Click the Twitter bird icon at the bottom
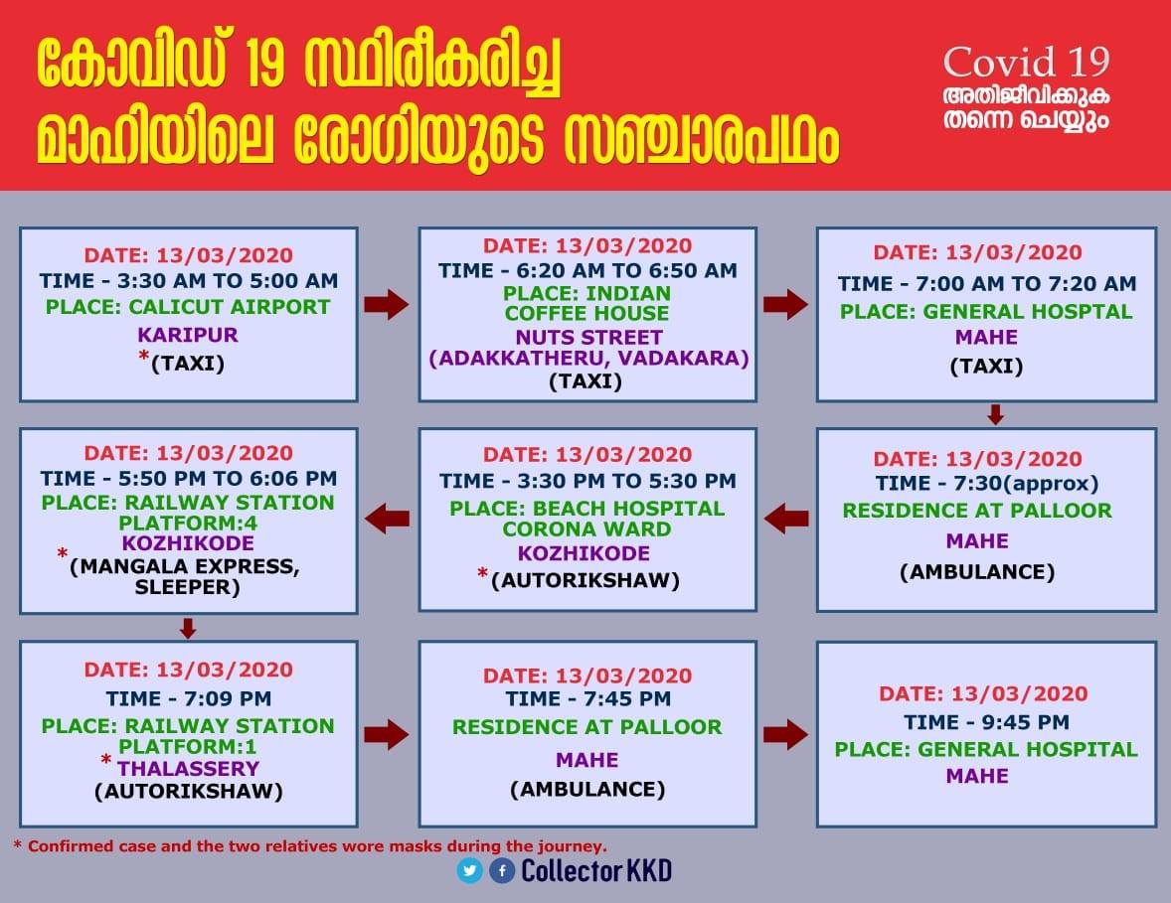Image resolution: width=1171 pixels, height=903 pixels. [x=470, y=870]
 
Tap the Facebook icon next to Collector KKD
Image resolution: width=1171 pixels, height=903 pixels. [x=502, y=870]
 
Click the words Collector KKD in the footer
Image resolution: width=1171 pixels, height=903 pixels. [x=596, y=870]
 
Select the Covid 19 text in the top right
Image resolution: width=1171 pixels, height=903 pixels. [x=1026, y=62]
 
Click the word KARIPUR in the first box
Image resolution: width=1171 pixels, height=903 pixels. [x=188, y=335]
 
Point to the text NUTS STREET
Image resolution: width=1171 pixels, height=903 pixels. [x=588, y=338]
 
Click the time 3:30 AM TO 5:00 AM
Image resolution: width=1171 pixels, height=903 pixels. [x=227, y=280]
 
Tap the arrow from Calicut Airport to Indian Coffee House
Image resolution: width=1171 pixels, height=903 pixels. [x=387, y=305]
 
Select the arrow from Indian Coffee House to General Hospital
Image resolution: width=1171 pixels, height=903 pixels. [x=785, y=305]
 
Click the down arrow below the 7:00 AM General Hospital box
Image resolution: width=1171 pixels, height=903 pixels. [x=995, y=414]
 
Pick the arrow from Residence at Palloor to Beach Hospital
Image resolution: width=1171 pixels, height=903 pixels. [x=786, y=518]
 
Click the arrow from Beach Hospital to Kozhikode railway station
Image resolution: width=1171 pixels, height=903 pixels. [x=387, y=518]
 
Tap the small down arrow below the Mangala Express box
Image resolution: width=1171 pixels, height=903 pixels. [x=188, y=628]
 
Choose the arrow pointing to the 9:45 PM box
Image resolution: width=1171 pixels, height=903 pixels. [x=785, y=735]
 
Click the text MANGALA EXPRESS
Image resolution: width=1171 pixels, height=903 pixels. [x=185, y=566]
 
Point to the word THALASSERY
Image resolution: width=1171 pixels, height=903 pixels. [x=188, y=768]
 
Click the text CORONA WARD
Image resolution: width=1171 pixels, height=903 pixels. [x=587, y=529]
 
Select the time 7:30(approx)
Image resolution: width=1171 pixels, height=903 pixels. [x=1026, y=484]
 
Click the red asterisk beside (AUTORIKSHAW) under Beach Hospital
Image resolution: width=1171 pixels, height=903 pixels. [x=483, y=574]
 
